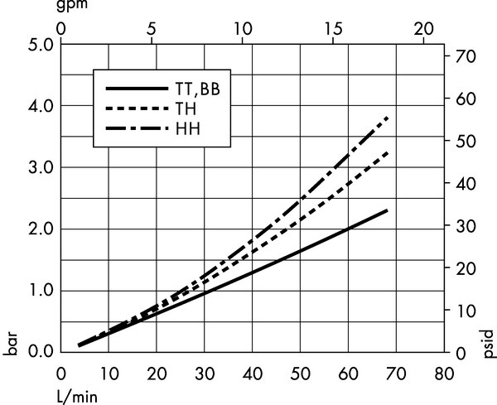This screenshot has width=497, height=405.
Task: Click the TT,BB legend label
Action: [x=197, y=89]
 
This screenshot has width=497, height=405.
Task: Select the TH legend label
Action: [x=186, y=108]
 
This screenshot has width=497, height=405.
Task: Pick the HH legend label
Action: [x=188, y=129]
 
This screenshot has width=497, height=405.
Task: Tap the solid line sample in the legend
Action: [x=137, y=89]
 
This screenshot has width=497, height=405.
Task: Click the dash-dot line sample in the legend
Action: [x=137, y=128]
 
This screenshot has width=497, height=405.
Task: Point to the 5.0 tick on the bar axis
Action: [x=41, y=46]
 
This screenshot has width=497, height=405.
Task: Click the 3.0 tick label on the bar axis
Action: [x=41, y=167]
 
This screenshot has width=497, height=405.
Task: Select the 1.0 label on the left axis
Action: [x=41, y=290]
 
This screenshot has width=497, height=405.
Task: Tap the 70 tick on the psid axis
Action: [x=466, y=57]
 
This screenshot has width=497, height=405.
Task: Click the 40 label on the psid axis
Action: [x=466, y=184]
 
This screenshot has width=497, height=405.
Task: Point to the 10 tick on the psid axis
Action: [x=466, y=311]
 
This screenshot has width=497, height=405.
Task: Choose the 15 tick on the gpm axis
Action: [x=334, y=29]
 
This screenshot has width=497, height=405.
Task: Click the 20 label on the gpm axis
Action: [x=424, y=29]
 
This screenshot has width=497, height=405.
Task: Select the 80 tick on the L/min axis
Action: [x=444, y=374]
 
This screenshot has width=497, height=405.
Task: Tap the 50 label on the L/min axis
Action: [x=300, y=374]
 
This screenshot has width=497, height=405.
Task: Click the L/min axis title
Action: [x=77, y=396]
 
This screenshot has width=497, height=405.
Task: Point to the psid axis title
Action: [x=489, y=344]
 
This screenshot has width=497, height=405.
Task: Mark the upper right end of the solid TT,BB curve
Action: [x=387, y=210]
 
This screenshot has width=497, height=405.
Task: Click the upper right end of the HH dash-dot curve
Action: [x=388, y=118]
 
